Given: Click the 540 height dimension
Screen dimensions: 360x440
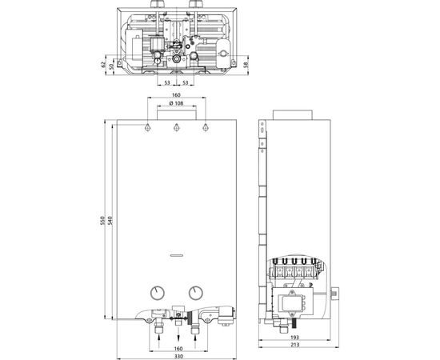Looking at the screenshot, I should point(110,221).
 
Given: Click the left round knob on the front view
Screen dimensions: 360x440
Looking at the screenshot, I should point(157,291).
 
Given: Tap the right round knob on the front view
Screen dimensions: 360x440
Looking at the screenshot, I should point(195,291).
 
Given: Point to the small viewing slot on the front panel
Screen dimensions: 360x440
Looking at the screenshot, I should point(176,256).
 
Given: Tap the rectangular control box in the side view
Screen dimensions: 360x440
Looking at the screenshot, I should point(298,303).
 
